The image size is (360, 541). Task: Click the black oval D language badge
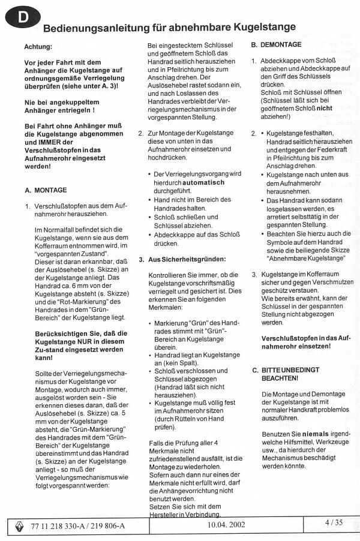23,19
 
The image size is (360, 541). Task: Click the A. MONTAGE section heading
46,190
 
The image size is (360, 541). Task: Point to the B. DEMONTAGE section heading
277,45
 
